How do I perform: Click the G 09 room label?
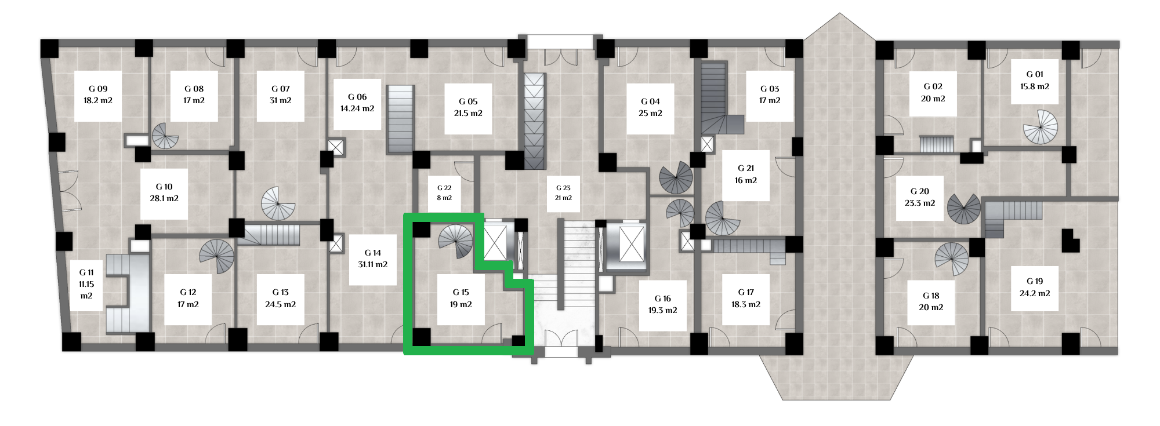pyautogui.click(x=98, y=95)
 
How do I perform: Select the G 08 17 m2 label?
pyautogui.click(x=194, y=95)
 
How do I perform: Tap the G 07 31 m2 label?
pyautogui.click(x=281, y=95)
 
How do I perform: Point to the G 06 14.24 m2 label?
pyautogui.click(x=357, y=103)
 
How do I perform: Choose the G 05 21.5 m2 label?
pyautogui.click(x=468, y=108)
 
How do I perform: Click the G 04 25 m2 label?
pyautogui.click(x=650, y=108)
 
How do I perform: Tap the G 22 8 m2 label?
pyautogui.click(x=444, y=193)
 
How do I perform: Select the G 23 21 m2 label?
pyautogui.click(x=563, y=193)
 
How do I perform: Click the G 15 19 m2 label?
pyautogui.click(x=461, y=298)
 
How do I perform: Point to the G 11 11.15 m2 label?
pyautogui.click(x=86, y=285)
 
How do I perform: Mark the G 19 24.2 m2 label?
pyautogui.click(x=1035, y=287)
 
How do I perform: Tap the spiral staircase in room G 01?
pyautogui.click(x=1041, y=126)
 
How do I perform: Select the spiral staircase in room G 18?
pyautogui.click(x=952, y=258)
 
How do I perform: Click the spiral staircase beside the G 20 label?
pyautogui.click(x=964, y=209)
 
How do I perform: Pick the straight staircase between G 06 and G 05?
pyautogui.click(x=400, y=119)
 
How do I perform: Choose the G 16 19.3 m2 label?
pyautogui.click(x=663, y=305)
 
